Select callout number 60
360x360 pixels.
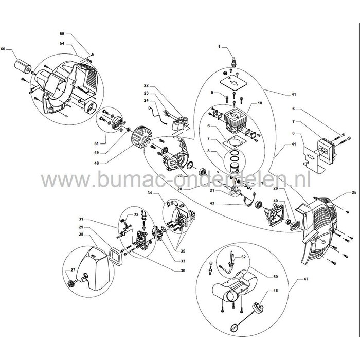tap(4, 49)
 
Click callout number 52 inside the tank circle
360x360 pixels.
tap(243, 256)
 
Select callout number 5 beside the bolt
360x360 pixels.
tap(212, 92)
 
